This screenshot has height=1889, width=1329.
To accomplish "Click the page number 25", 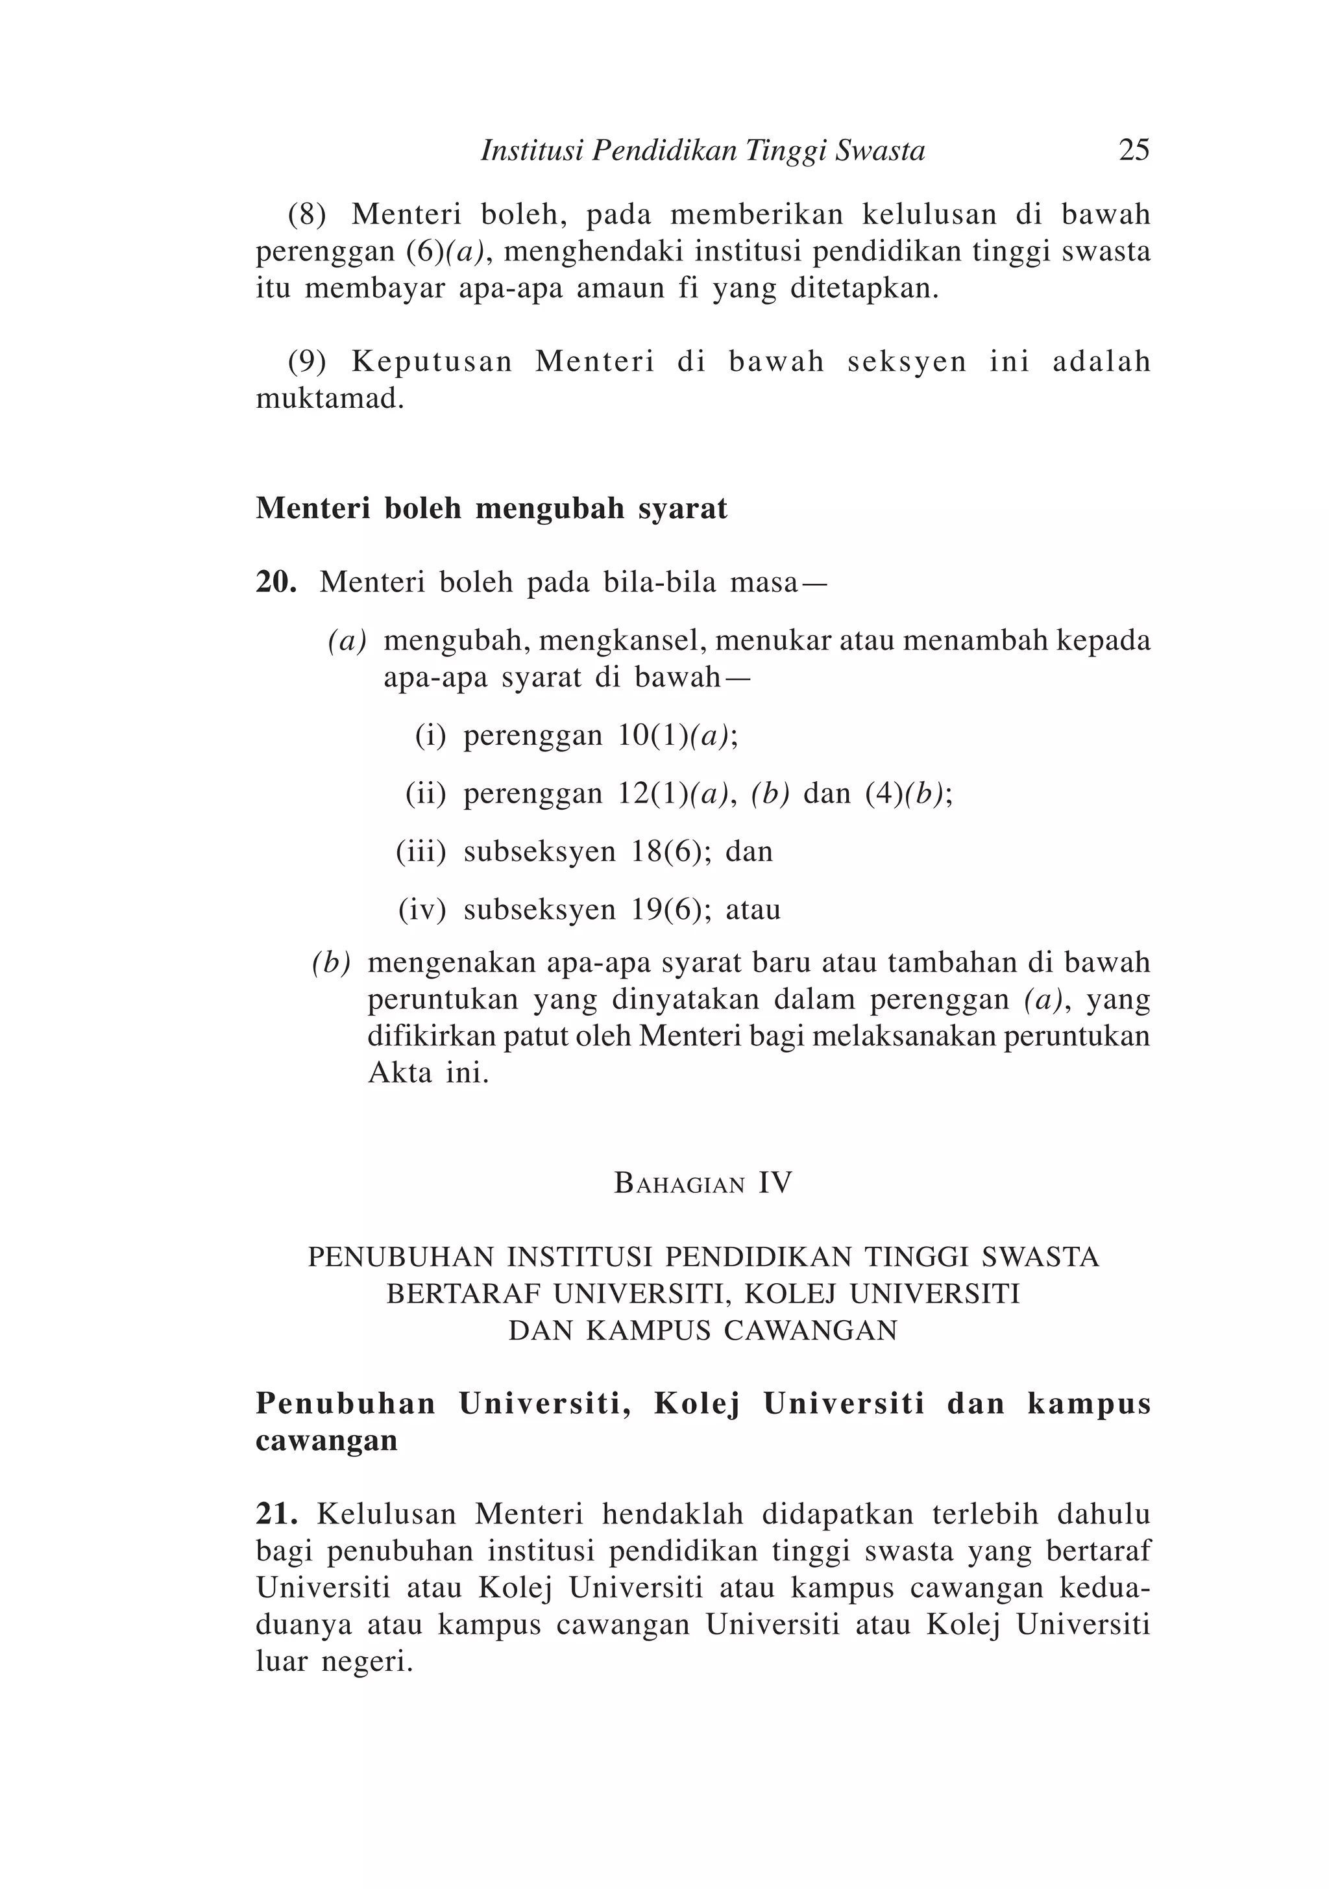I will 1133,150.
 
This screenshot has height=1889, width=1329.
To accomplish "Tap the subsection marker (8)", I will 307,215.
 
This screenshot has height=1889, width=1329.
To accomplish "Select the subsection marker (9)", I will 307,362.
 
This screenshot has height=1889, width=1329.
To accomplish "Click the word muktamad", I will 329,399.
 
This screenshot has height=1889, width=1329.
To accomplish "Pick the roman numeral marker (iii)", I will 421,851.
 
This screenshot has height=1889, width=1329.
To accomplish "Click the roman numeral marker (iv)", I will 422,910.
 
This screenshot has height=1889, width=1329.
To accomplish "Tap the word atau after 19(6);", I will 753,910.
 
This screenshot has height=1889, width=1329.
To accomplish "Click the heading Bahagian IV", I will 703,1184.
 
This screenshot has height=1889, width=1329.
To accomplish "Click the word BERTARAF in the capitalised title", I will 463,1294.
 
